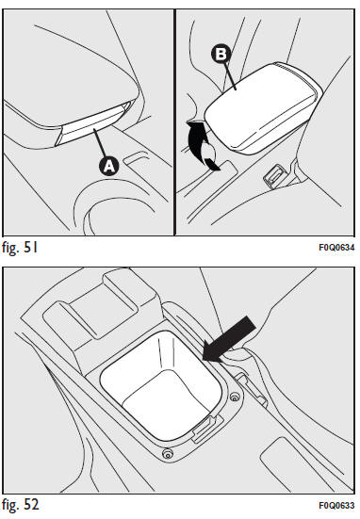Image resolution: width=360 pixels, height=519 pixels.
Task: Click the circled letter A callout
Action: click(x=109, y=166)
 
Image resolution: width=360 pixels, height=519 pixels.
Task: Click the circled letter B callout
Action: click(x=221, y=54)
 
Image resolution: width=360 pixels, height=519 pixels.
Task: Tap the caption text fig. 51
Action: click(x=20, y=247)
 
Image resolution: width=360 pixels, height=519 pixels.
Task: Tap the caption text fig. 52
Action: click(x=21, y=505)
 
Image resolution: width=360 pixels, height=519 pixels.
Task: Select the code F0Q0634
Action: click(x=336, y=248)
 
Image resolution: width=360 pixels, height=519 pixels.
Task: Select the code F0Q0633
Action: click(x=336, y=506)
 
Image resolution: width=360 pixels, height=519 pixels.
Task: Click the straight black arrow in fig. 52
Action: click(x=229, y=338)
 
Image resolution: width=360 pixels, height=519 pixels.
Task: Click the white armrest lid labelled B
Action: click(x=262, y=107)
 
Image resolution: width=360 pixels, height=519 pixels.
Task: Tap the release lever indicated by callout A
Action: click(x=93, y=126)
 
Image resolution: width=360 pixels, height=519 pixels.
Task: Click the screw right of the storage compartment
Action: click(x=235, y=397)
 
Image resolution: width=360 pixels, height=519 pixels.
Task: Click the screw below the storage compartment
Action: click(x=168, y=453)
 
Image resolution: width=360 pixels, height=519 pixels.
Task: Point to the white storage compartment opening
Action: click(x=160, y=385)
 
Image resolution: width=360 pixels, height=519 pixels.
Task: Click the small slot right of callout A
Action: click(x=136, y=157)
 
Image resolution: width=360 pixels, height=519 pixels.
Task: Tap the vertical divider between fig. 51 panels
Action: click(x=174, y=122)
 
